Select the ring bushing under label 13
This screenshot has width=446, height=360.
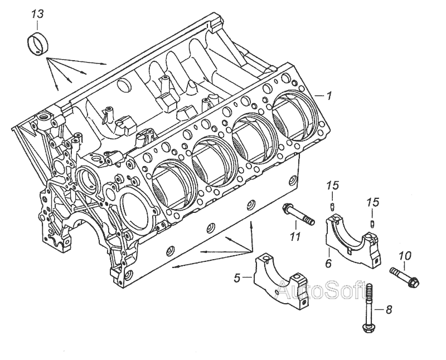[x=38, y=42]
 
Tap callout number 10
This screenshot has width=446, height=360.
[x=405, y=256]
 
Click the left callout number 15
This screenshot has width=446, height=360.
[x=332, y=185]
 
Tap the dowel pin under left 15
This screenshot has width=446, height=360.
[x=332, y=208]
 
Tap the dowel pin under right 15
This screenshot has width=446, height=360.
[x=371, y=222]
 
